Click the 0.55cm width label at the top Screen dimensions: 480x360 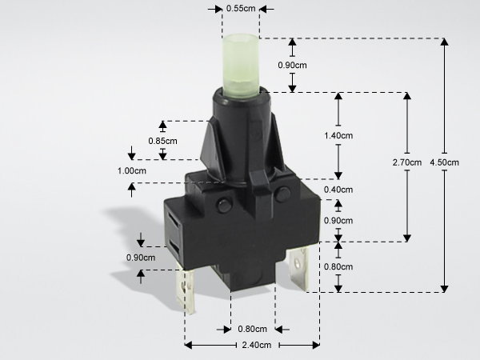click(x=241, y=9)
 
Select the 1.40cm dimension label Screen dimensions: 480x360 click(x=338, y=135)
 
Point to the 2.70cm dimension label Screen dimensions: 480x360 click(x=407, y=162)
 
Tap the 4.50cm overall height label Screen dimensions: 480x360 click(x=444, y=162)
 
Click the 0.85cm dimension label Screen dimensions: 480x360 click(x=162, y=141)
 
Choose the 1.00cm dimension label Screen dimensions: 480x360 click(x=132, y=171)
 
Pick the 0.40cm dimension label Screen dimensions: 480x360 click(x=338, y=190)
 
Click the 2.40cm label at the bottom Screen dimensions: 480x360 click(x=257, y=346)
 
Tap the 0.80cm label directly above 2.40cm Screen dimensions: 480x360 click(x=252, y=329)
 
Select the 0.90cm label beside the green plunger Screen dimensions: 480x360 click(x=292, y=66)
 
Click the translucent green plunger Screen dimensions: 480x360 click(x=241, y=66)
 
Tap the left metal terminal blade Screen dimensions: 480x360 click(x=186, y=291)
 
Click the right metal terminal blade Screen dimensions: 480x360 click(x=298, y=269)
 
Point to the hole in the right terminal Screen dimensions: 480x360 click(x=297, y=262)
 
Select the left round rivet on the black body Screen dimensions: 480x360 click(x=224, y=205)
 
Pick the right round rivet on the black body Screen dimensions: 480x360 click(x=282, y=194)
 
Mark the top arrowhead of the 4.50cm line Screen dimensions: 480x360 click(x=445, y=42)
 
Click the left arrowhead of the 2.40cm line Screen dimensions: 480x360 click(x=189, y=346)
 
